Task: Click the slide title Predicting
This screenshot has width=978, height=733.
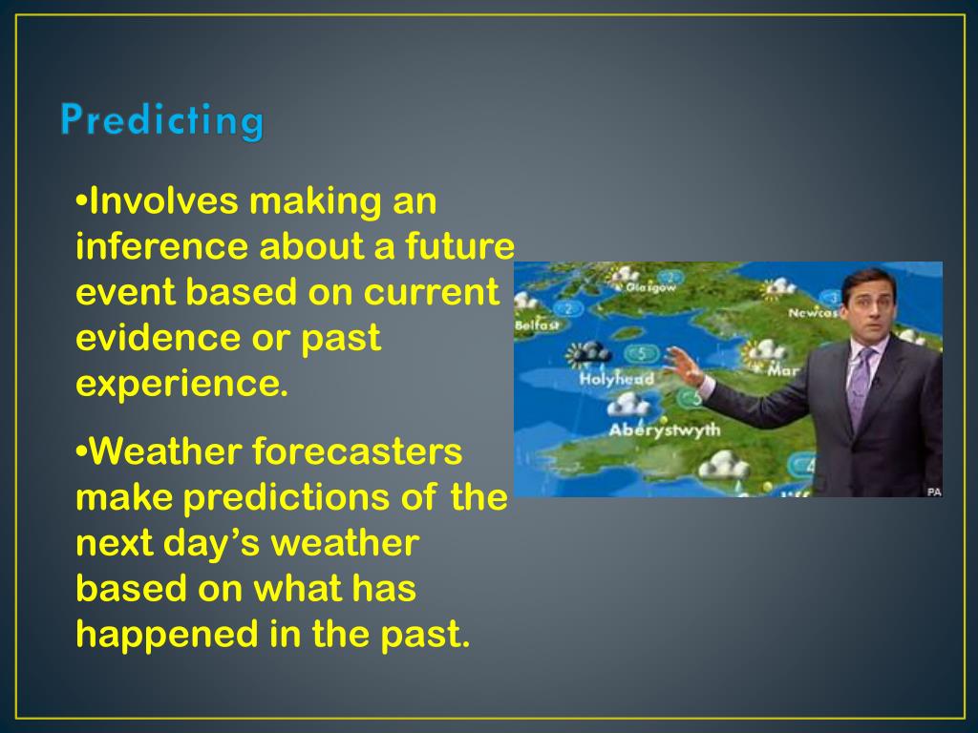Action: [x=162, y=119]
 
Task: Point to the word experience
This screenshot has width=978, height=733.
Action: [x=182, y=384]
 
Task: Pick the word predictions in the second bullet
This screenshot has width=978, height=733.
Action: [x=287, y=496]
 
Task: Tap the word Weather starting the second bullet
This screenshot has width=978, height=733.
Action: [x=166, y=451]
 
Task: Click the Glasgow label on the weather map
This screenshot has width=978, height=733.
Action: [x=650, y=288]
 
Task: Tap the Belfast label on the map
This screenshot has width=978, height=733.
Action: [x=537, y=325]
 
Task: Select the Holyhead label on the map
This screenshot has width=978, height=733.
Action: [x=616, y=378]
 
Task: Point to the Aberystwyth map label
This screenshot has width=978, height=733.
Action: [x=665, y=429]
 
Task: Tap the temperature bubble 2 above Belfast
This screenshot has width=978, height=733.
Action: [x=567, y=308]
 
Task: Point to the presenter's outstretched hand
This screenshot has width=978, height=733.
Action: [x=684, y=367]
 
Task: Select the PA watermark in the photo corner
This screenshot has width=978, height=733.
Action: [x=934, y=492]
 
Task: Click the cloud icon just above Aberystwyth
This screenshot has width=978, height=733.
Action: [x=628, y=404]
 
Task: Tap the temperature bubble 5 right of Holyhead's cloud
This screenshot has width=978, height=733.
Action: [x=641, y=354]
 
